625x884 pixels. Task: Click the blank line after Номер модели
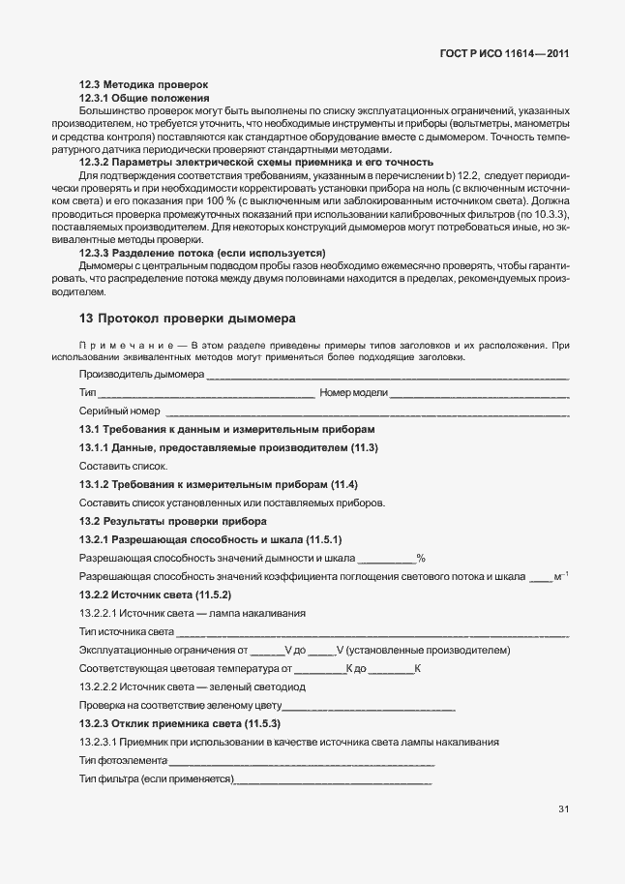(x=479, y=393)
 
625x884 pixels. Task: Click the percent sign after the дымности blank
(x=421, y=558)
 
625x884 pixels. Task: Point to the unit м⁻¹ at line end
(x=561, y=576)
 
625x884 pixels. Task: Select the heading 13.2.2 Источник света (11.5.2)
(x=154, y=594)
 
